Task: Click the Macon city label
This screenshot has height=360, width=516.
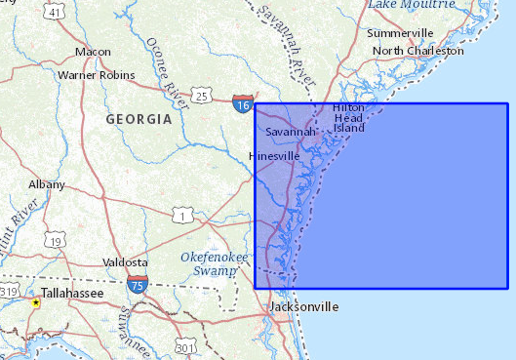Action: click(93, 52)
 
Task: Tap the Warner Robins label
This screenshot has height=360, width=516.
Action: click(96, 74)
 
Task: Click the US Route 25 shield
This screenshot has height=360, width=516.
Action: click(201, 95)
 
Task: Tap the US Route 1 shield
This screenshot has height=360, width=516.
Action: click(181, 215)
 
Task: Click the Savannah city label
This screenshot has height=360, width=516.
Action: click(291, 132)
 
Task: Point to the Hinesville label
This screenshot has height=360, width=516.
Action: click(275, 156)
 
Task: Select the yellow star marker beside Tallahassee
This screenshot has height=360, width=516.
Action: click(36, 303)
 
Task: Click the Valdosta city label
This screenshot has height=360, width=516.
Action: click(124, 263)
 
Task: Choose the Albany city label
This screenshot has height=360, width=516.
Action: click(47, 184)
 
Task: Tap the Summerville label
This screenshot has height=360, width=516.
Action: click(400, 33)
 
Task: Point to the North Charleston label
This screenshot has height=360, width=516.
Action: click(417, 50)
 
